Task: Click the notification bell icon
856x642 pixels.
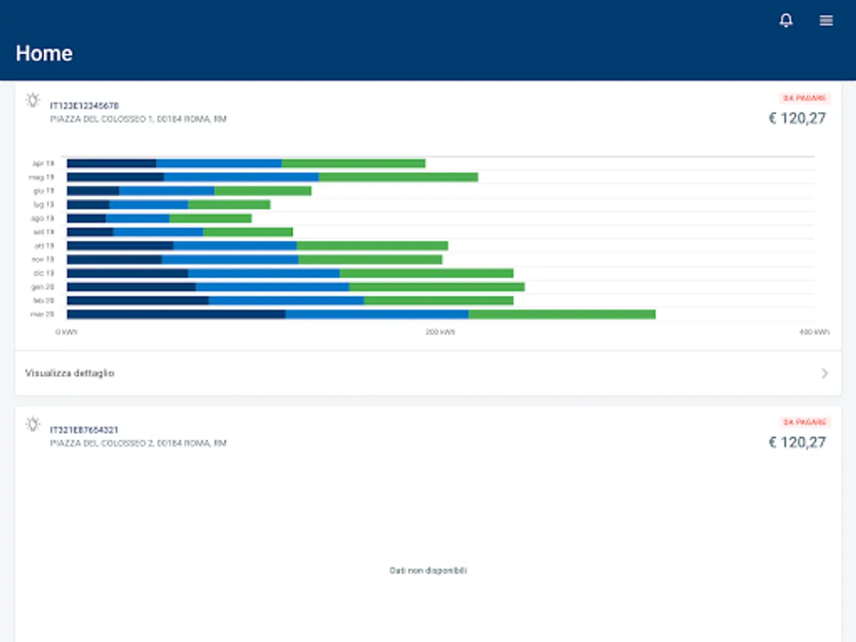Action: (786, 21)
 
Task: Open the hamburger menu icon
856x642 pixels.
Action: (826, 21)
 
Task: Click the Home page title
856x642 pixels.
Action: (44, 53)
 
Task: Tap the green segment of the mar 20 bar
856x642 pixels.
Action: (562, 314)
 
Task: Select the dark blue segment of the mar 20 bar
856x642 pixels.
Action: (176, 314)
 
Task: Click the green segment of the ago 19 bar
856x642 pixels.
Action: (210, 218)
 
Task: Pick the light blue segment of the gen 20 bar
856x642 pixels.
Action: (272, 287)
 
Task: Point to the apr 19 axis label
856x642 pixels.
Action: (44, 163)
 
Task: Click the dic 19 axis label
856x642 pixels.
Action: (44, 273)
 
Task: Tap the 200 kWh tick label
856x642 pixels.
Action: (440, 332)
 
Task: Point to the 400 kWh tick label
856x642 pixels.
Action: (814, 332)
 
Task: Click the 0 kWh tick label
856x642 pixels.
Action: (67, 332)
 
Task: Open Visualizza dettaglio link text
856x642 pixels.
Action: (70, 373)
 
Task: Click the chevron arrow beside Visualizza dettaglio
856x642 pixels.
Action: (825, 373)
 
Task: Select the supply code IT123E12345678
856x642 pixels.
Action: (84, 106)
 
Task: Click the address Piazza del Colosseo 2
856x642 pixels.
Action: (138, 443)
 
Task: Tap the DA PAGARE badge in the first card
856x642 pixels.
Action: (805, 98)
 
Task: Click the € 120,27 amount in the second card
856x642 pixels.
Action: (797, 442)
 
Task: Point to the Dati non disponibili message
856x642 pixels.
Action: (428, 571)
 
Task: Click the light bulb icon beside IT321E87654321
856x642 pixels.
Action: (33, 424)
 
